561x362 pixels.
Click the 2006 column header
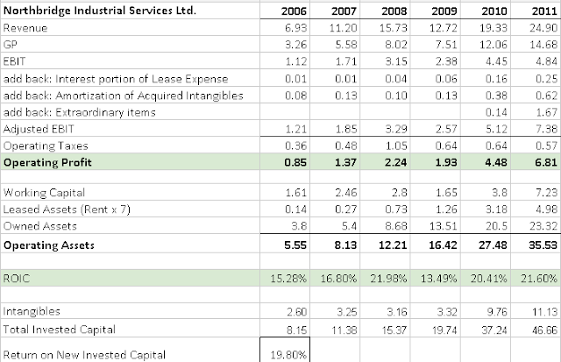[287, 12]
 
